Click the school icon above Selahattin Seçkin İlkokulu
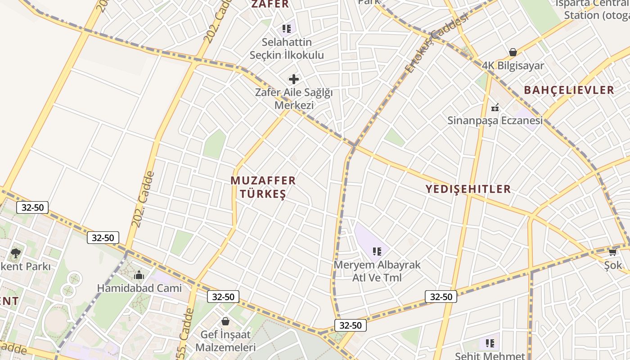pyautogui.click(x=287, y=29)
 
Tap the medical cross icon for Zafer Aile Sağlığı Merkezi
pyautogui.click(x=294, y=80)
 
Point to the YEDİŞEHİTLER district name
pyautogui.click(x=468, y=189)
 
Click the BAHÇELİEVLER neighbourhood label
pyautogui.click(x=569, y=90)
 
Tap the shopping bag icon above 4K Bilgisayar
pyautogui.click(x=513, y=52)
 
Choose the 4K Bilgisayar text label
pyautogui.click(x=513, y=66)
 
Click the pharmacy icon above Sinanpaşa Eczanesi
pyautogui.click(x=495, y=108)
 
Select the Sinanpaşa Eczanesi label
pyautogui.click(x=495, y=121)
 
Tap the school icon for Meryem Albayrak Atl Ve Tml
pyautogui.click(x=377, y=252)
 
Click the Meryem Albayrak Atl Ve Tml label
pyautogui.click(x=377, y=271)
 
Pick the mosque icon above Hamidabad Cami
pyautogui.click(x=139, y=275)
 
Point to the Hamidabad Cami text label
pyautogui.click(x=139, y=288)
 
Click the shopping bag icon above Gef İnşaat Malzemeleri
pyautogui.click(x=225, y=321)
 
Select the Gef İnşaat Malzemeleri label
pyautogui.click(x=225, y=341)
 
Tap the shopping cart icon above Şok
pyautogui.click(x=612, y=252)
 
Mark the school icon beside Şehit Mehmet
pyautogui.click(x=490, y=343)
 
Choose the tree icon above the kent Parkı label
pyautogui.click(x=16, y=253)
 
